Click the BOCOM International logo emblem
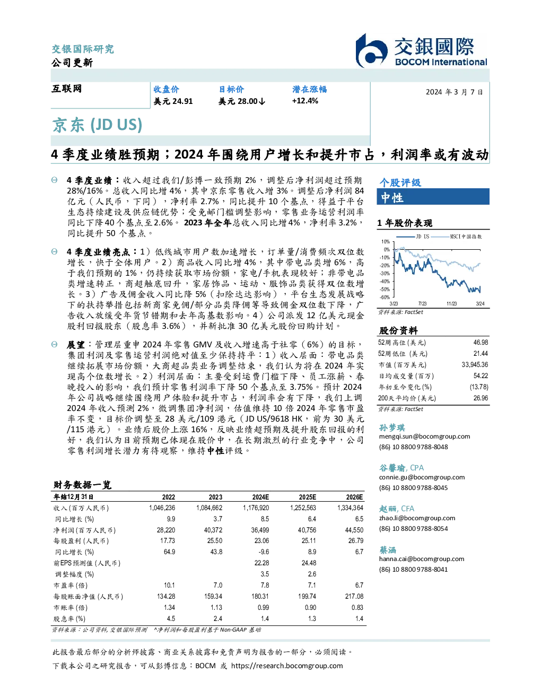(x=371, y=51)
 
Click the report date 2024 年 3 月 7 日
(x=454, y=92)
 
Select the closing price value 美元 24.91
(x=173, y=101)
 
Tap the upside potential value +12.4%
(x=305, y=101)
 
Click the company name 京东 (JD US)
(x=97, y=125)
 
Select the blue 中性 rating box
(x=433, y=197)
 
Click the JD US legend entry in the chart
(x=413, y=237)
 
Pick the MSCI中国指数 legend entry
(x=456, y=237)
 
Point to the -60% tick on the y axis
(x=385, y=297)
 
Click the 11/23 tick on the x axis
(x=451, y=303)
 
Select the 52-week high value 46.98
(x=481, y=343)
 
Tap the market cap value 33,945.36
(x=475, y=365)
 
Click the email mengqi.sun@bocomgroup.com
(x=424, y=436)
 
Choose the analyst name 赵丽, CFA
(x=396, y=509)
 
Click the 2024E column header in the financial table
(x=260, y=497)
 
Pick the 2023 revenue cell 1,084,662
(x=209, y=508)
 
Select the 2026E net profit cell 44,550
(x=354, y=530)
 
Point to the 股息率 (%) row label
(x=69, y=619)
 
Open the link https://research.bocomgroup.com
(x=287, y=666)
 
